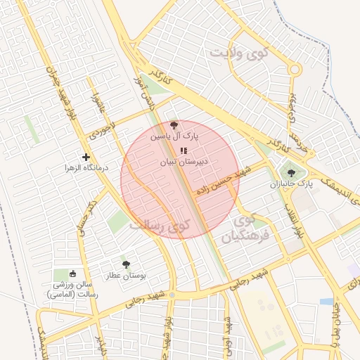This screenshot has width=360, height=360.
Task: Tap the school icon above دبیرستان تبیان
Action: coord(184,150)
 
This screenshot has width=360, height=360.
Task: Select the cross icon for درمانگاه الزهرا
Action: coord(86,157)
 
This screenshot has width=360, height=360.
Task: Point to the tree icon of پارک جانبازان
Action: coord(290,173)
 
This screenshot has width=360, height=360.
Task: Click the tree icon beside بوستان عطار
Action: coord(126,264)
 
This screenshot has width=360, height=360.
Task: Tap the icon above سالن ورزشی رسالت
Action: coord(73,274)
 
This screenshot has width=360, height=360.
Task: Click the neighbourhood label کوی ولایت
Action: coord(241,53)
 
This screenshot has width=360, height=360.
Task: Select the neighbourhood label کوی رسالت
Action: coord(160,226)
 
